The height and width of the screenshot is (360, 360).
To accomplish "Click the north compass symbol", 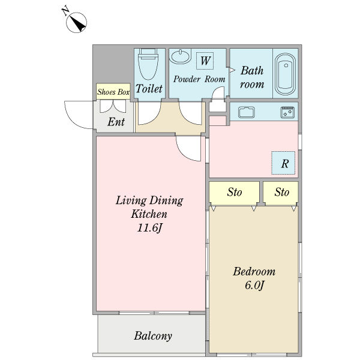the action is [76, 22].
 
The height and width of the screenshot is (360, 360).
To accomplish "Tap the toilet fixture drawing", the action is [149, 64].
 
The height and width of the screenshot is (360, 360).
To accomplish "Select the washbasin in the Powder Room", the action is [180, 56].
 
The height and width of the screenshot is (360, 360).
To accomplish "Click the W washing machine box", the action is [205, 61].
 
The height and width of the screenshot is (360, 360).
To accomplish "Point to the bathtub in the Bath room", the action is [285, 74].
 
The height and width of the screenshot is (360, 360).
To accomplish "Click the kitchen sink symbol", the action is [247, 112].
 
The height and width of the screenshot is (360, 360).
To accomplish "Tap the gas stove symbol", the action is [287, 112].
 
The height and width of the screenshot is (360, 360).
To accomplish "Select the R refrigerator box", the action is [283, 163].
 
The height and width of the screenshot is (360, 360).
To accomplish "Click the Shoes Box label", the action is [113, 92].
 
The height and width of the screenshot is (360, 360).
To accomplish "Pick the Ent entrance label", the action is [116, 122].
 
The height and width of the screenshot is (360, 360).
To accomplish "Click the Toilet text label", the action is [149, 88].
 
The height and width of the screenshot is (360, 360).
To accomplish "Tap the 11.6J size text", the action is [149, 228].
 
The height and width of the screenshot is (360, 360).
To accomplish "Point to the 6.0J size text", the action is [254, 285].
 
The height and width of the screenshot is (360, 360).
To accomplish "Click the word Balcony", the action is [153, 336].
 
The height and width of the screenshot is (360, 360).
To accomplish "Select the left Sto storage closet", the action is [235, 193].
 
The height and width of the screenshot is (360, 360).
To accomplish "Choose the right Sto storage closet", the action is [281, 193].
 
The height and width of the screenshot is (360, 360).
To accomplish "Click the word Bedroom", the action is [254, 271].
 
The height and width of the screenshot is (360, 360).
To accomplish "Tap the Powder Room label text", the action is [199, 79].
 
